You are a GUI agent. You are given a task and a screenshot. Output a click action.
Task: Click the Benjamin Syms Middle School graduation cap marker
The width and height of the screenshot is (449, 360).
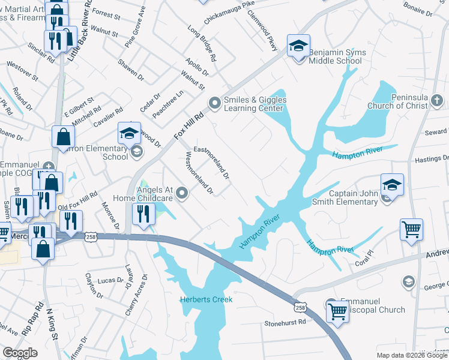tap(298, 46)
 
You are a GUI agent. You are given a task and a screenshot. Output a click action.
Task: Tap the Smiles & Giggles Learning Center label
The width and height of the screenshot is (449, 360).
tap(255, 104)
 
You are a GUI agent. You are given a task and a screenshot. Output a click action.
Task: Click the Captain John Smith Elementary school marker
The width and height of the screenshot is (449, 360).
tap(391, 184)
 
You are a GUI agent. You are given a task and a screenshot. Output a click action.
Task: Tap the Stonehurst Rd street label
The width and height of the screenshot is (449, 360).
tap(285, 323)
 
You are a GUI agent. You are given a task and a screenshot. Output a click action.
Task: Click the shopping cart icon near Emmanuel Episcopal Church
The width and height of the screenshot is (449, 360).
tap(337, 311)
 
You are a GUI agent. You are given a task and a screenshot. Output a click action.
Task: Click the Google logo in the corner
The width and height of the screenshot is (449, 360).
tap(20, 352)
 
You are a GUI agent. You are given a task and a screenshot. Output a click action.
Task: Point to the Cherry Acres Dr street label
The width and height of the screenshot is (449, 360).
tap(143, 296)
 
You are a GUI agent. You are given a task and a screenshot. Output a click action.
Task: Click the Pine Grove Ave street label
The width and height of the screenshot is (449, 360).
tap(136, 26)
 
